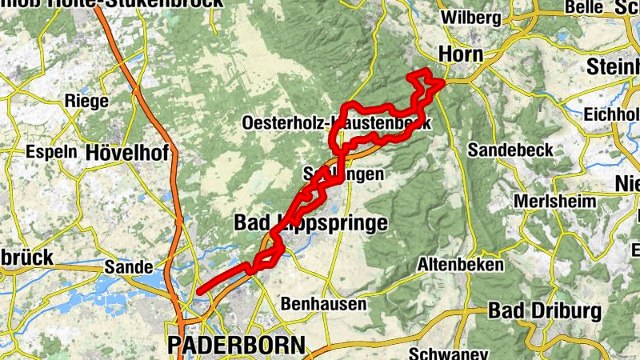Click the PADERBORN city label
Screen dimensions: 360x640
tap(236, 346)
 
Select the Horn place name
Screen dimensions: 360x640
tap(461, 54)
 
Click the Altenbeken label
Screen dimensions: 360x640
tap(461, 264)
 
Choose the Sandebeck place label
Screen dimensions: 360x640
tap(505, 150)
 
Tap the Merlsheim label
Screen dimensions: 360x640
tap(556, 201)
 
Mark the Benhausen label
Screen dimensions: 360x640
tap(324, 304)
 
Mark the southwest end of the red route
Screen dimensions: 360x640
tap(199, 291)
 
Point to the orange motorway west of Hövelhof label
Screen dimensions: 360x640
tap(170, 152)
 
